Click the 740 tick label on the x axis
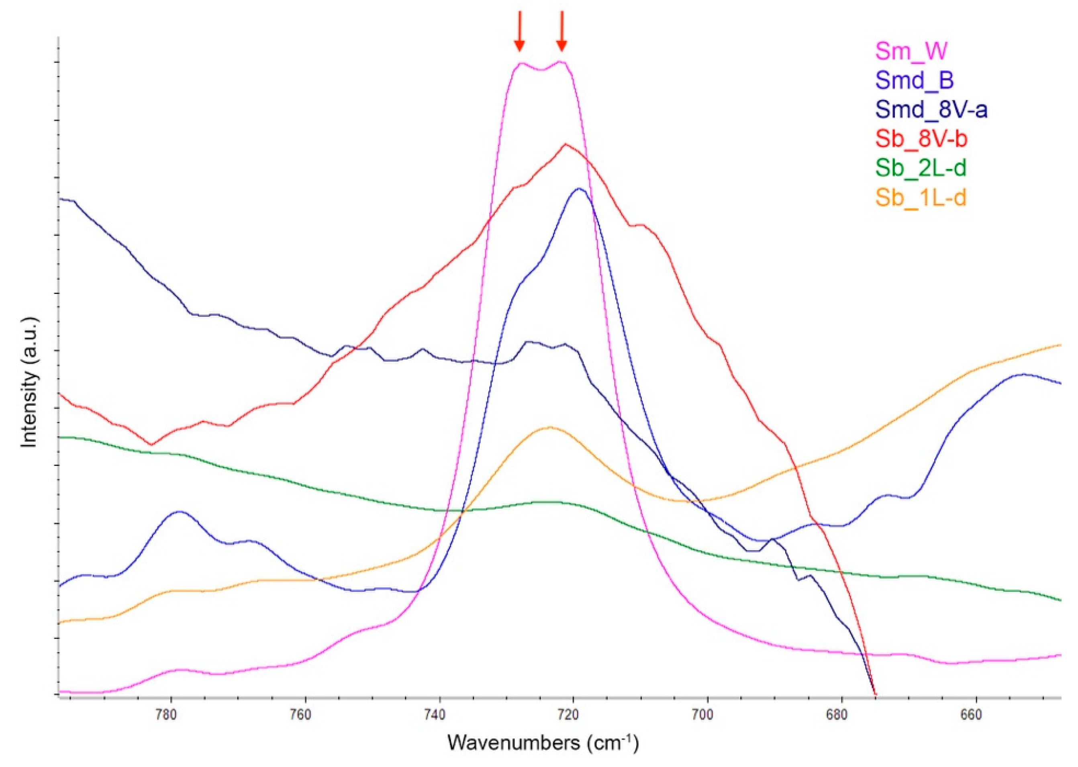[x=440, y=716]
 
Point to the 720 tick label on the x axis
[x=574, y=716]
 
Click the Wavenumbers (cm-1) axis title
[x=543, y=743]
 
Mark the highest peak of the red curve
[x=566, y=145]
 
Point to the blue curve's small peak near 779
[x=179, y=512]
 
